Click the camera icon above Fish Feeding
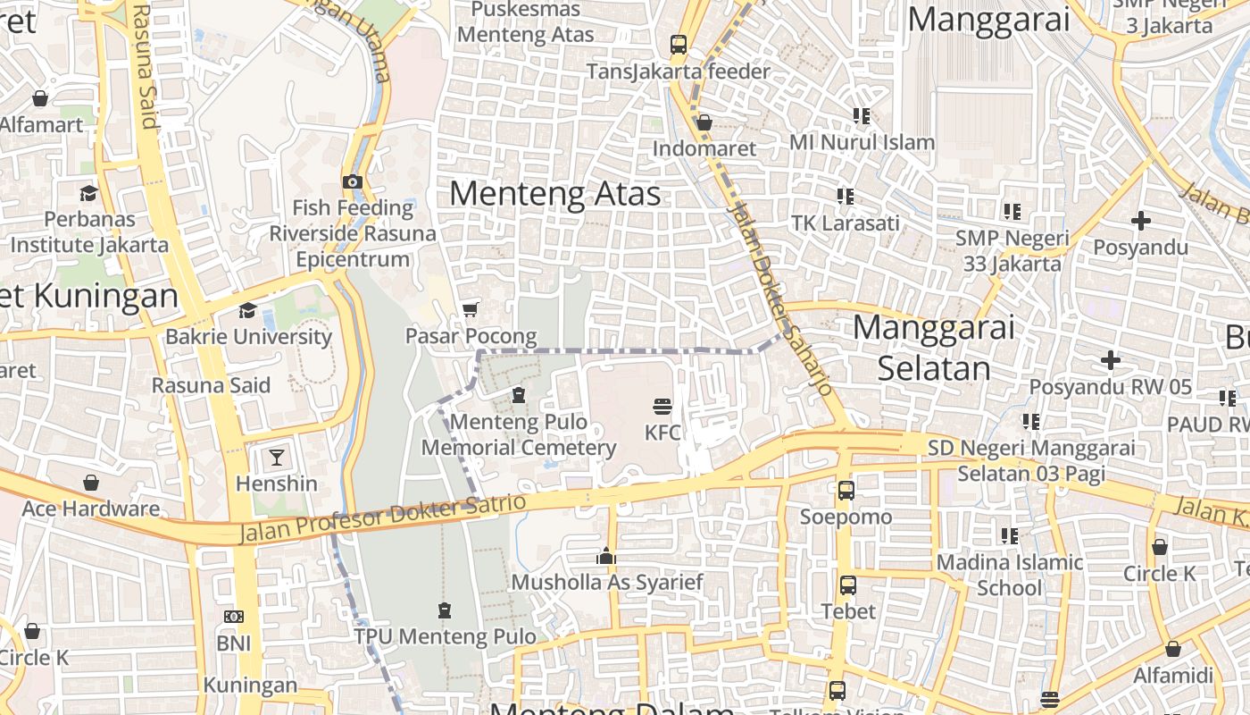coord(353,182)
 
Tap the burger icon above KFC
coord(662,407)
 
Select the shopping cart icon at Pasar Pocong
coord(471,309)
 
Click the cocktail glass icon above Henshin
coord(277,458)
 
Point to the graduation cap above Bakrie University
coord(247,310)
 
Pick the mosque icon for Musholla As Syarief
coord(606,556)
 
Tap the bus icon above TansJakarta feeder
coord(679,44)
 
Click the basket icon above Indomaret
coord(704,122)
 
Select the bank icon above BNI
coord(233,617)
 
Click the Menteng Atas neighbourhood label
coord(554,194)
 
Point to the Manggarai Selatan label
coord(934,348)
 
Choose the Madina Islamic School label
coord(1010,575)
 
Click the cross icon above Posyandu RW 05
coord(1110,360)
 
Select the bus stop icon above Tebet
coord(847,585)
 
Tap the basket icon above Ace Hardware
coord(90,484)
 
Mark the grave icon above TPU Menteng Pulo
coord(445,610)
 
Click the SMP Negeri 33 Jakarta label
coord(1012,250)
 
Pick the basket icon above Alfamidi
coord(1173,649)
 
